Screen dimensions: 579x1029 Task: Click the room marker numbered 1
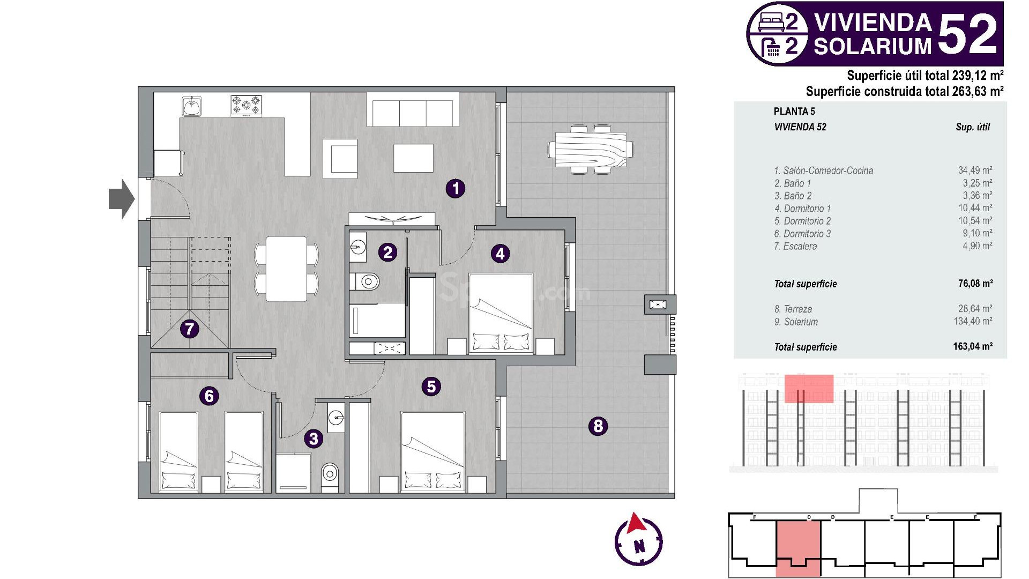[x=456, y=188]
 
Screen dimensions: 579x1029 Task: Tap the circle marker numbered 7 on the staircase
[x=189, y=329]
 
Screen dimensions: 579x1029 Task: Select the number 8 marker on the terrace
[x=598, y=426]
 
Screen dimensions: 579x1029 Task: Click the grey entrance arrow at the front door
[x=121, y=199]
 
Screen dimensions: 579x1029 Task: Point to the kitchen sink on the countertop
[x=191, y=106]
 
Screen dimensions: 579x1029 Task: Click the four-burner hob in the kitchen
[x=247, y=105]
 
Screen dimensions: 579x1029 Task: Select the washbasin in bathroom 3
[x=336, y=417]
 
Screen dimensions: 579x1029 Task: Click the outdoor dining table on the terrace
[x=591, y=149]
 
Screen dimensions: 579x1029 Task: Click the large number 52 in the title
[x=968, y=34]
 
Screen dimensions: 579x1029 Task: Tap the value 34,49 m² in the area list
[x=975, y=170]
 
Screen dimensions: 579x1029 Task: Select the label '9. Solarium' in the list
[x=796, y=322]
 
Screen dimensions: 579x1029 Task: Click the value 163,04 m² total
[x=973, y=346]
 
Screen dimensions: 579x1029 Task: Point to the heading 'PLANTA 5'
[x=794, y=112]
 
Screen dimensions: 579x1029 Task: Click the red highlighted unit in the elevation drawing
[x=809, y=389]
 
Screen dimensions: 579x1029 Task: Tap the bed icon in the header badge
[x=771, y=22]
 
